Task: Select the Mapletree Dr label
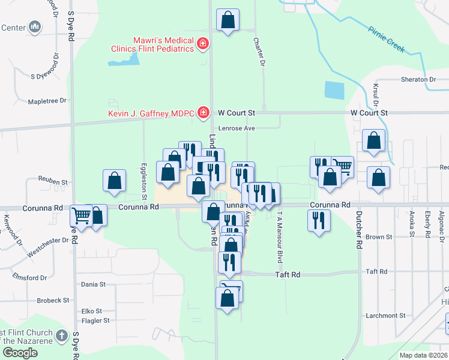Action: click(46, 101)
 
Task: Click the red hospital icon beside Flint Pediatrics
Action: click(203, 44)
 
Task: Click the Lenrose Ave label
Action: click(237, 128)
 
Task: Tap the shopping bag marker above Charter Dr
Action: click(228, 20)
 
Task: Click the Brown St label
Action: click(379, 237)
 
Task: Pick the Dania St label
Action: click(93, 284)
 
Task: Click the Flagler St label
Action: click(95, 320)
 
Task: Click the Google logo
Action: click(20, 353)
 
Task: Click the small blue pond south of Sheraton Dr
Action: click(333, 90)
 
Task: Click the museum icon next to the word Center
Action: click(35, 27)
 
